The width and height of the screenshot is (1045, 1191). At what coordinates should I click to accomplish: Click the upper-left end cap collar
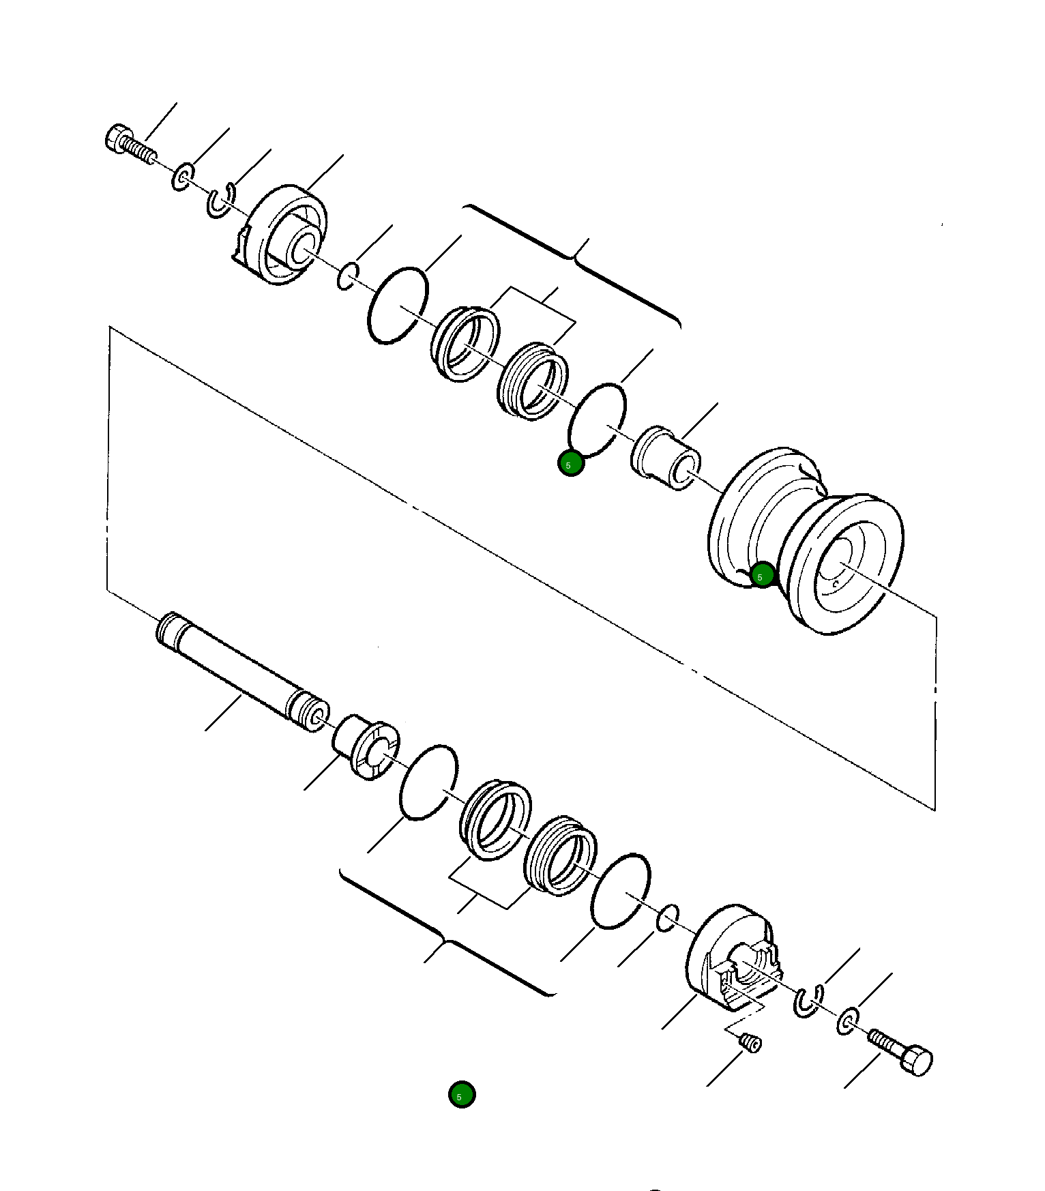(x=283, y=235)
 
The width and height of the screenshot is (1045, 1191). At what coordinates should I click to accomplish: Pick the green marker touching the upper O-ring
(x=570, y=464)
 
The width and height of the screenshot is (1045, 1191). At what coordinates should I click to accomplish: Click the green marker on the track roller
(x=761, y=575)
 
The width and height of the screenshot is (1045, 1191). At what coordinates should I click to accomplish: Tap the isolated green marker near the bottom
(x=462, y=1094)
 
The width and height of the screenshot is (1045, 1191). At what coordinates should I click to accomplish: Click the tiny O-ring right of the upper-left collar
(x=348, y=276)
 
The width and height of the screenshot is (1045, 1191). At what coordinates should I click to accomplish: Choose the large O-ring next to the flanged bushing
(x=428, y=782)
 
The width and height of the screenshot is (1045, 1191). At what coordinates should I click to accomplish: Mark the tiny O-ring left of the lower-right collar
(x=668, y=917)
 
